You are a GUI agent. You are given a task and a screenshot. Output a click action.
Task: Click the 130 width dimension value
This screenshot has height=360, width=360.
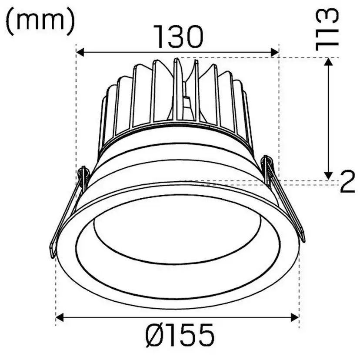coord(178,37)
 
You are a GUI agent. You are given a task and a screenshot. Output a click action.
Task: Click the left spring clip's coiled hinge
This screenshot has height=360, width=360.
coord(83,175)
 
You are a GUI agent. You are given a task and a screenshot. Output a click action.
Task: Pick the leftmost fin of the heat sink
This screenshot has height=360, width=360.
coord(103,122)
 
